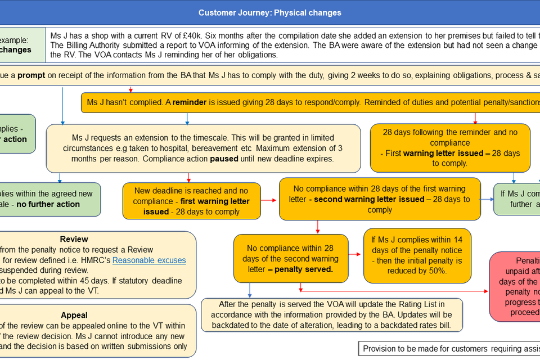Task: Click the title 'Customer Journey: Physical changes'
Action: [269, 12]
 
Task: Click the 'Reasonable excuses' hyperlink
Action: [149, 260]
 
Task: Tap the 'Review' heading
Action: [74, 239]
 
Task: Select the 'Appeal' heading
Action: [74, 315]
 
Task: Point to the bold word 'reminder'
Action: [190, 102]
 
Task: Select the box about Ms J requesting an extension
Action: [203, 148]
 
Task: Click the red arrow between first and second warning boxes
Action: [270, 199]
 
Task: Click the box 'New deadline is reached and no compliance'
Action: [192, 201]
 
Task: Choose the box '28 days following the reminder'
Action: [449, 147]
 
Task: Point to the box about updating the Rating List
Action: [332, 314]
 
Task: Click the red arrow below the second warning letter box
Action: [318, 227]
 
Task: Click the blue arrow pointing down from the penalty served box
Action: [249, 290]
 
